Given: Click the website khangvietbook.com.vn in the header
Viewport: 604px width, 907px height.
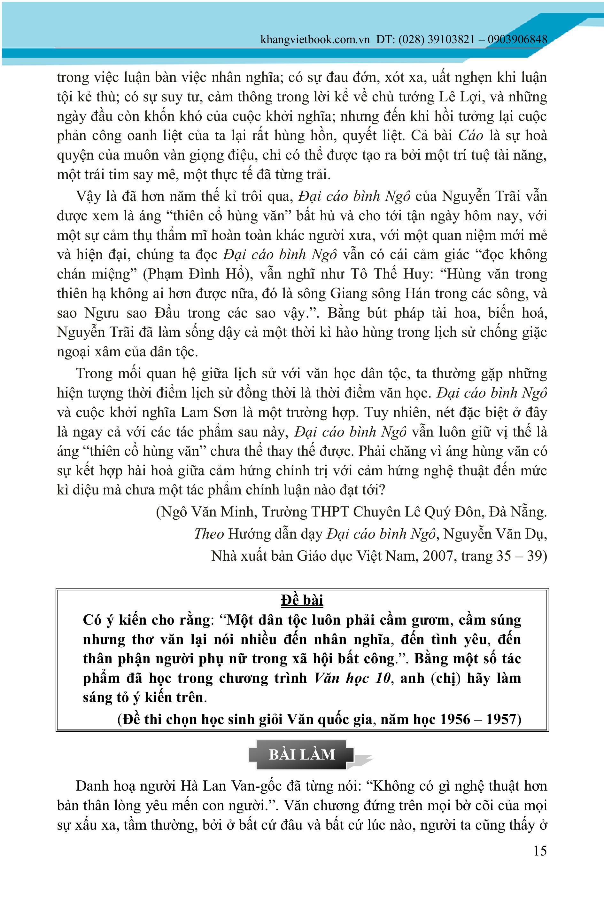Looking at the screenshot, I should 315,40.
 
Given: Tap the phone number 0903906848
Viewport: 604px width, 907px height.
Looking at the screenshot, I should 517,40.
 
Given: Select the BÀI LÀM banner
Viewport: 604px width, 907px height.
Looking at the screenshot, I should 302,754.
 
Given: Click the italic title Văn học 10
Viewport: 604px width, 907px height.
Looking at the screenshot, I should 352,678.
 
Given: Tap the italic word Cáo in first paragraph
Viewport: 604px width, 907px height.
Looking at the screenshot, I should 470,136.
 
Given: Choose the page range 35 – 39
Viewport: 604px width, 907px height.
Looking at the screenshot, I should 520,556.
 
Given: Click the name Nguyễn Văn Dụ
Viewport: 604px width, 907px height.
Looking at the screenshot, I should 495,534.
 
